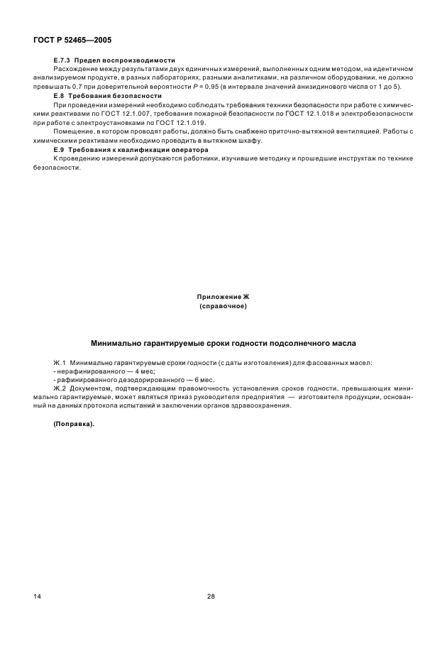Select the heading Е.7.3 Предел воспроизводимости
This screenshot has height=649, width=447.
coord(114,60)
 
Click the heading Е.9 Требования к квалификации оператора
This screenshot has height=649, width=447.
coord(131,151)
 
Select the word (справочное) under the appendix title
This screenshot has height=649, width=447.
coord(223,306)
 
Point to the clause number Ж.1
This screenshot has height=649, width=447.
coord(60,362)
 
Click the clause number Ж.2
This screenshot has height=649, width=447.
coord(60,389)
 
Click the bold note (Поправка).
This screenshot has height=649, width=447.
coord(73,424)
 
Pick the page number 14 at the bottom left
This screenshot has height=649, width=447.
coord(37,596)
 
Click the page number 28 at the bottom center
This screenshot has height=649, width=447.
coord(210,596)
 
